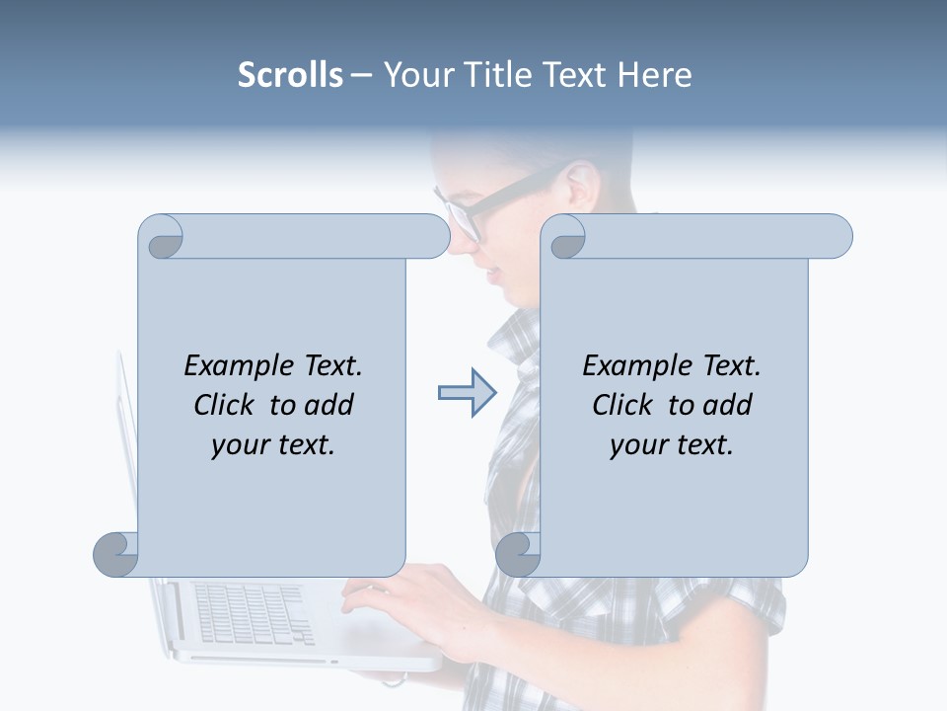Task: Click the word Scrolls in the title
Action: (290, 75)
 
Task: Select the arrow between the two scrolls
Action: (467, 393)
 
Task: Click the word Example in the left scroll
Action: (236, 365)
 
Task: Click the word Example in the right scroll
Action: (634, 365)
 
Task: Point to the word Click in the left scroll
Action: (228, 405)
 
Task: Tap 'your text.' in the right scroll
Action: (672, 445)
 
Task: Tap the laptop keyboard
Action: (253, 612)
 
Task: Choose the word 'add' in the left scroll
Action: (330, 405)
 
